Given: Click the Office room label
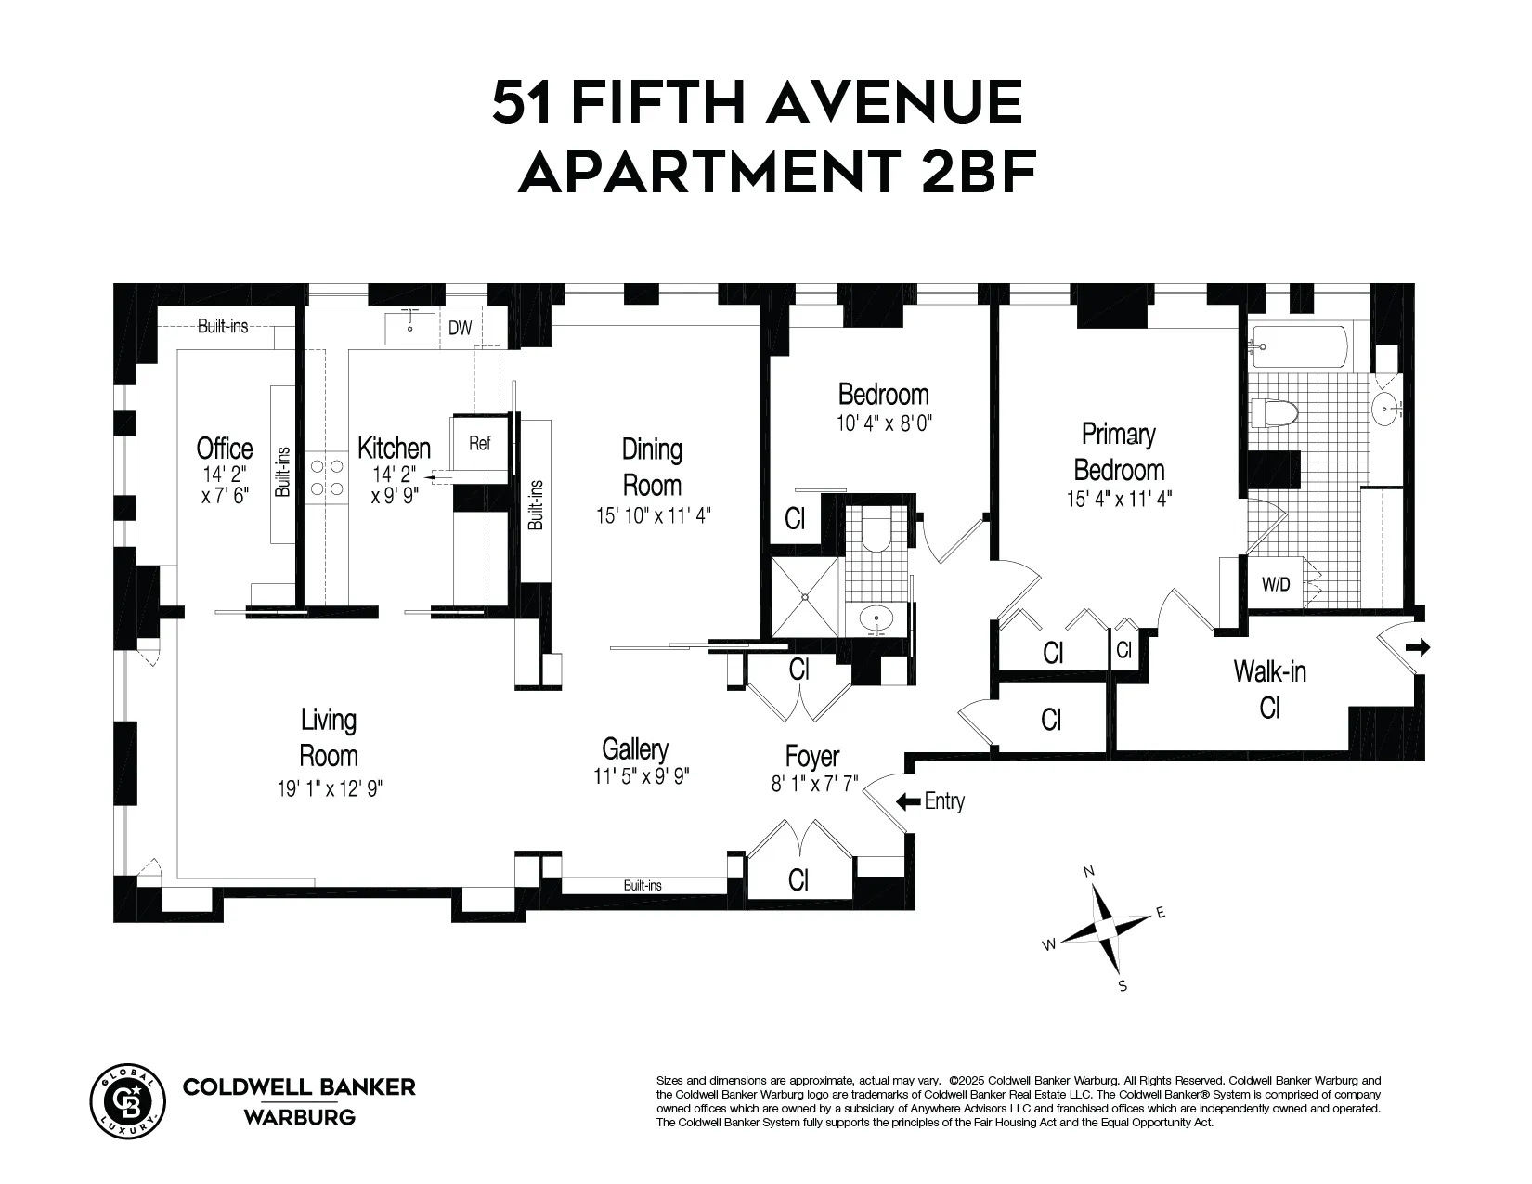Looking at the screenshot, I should (225, 449).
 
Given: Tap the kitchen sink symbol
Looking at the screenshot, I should (409, 329).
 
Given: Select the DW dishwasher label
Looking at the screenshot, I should (460, 329).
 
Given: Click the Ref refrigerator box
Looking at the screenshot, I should (479, 444).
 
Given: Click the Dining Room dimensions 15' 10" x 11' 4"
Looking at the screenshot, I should (654, 515).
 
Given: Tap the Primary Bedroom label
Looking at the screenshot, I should (1119, 451).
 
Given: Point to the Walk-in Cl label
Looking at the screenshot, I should (1269, 689).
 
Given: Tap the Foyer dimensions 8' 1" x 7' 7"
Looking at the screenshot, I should (812, 785).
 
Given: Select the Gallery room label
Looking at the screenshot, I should (635, 748).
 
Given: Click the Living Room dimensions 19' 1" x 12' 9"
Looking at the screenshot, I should (330, 789).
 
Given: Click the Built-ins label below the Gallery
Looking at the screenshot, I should (643, 886).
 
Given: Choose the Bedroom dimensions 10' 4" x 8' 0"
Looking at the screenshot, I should (883, 423).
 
